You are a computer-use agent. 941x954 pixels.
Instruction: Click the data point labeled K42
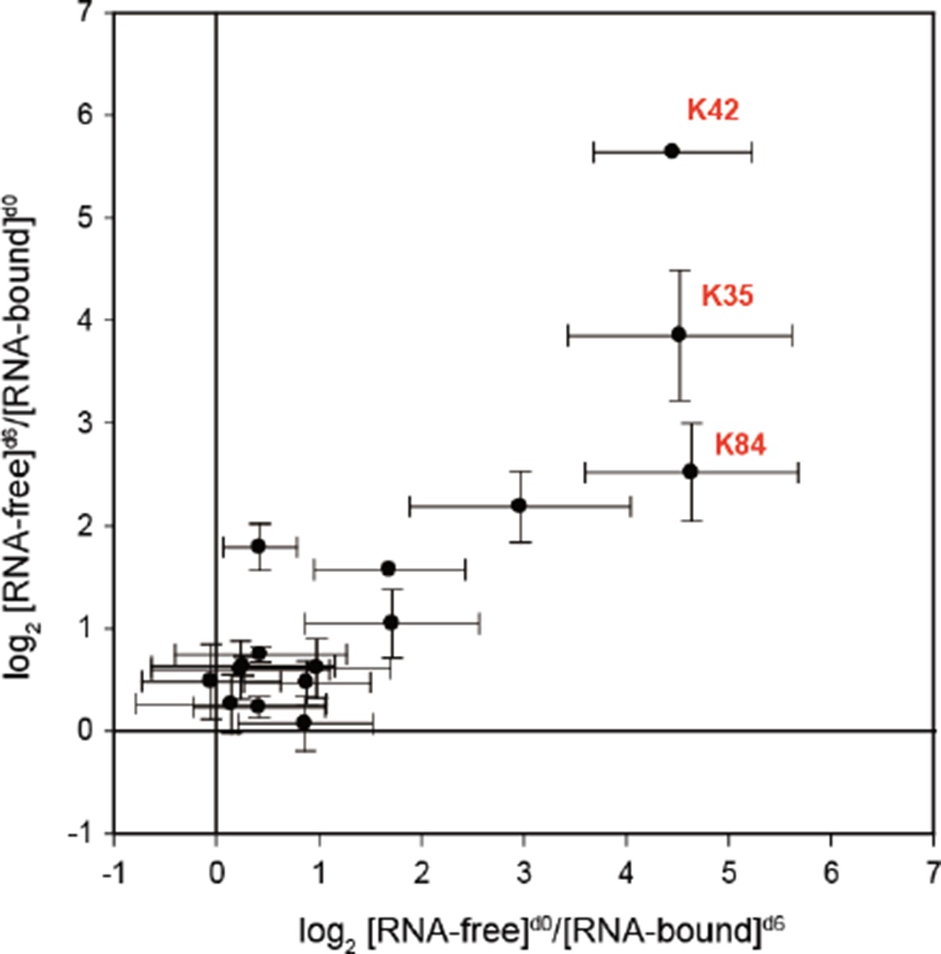pos(672,151)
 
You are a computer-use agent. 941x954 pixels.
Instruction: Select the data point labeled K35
pos(679,334)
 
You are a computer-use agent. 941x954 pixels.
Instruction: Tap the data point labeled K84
pos(691,472)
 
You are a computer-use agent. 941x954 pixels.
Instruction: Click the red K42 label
pos(713,110)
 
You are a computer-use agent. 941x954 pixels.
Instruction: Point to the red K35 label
pos(727,296)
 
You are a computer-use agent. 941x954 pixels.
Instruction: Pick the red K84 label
pos(740,445)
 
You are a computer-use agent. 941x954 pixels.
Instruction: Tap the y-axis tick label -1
pos(80,834)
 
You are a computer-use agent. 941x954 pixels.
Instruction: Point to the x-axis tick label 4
pos(626,874)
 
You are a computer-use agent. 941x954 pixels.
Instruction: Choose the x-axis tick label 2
pos(421,874)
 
